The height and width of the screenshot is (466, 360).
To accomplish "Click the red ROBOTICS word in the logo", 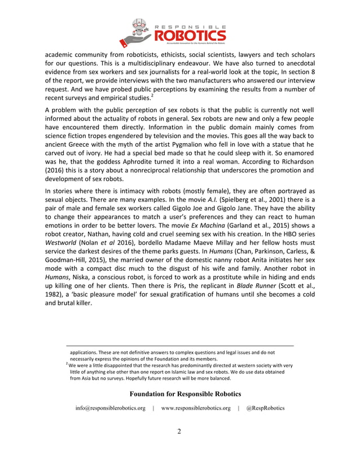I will click(x=186, y=36).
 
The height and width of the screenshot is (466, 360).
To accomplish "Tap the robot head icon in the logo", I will click(x=138, y=28).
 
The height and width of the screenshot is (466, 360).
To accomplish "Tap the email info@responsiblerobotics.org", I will click(x=111, y=408).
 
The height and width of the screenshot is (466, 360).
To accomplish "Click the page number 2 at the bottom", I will click(x=179, y=432).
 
